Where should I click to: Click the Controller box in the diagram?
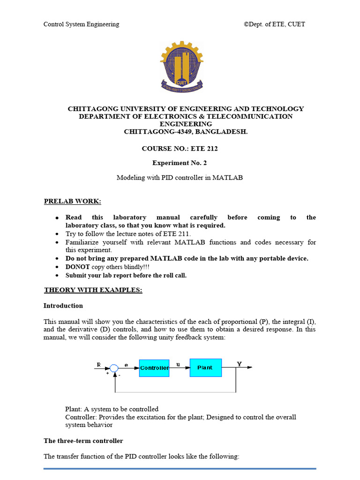pos(154,368)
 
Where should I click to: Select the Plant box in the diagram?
pos(205,367)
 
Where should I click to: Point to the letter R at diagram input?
pos(98,364)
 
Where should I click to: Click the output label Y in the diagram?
pos(240,364)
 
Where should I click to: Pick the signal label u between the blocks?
pos(178,364)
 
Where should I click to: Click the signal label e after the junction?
pos(126,364)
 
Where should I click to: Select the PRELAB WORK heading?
pos(72,202)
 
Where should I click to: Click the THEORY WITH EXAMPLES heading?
pos(93,290)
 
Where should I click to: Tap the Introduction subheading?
pos(63,306)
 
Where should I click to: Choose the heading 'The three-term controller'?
pos(83,441)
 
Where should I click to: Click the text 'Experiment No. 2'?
pos(180,163)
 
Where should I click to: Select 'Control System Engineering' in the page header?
pos(81,24)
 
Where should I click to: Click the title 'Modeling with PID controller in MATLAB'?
pos(180,178)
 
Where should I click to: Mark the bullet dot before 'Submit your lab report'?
pos(57,276)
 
